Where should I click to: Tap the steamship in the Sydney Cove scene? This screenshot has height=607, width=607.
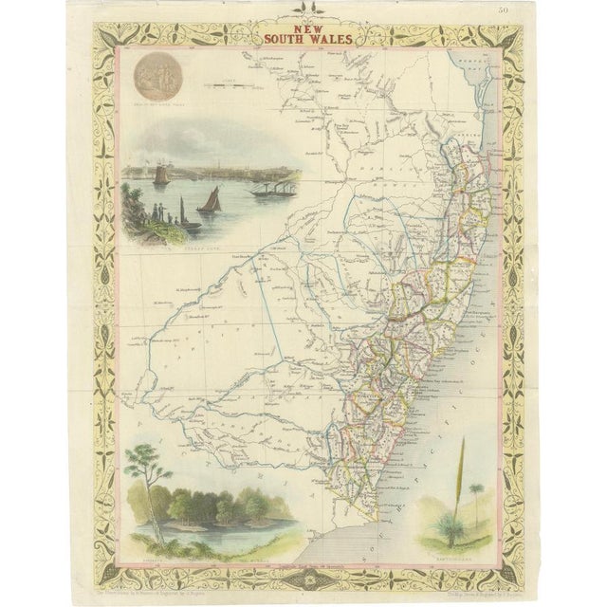coord(273,189)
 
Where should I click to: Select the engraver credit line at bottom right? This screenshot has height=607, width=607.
coord(445,575)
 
